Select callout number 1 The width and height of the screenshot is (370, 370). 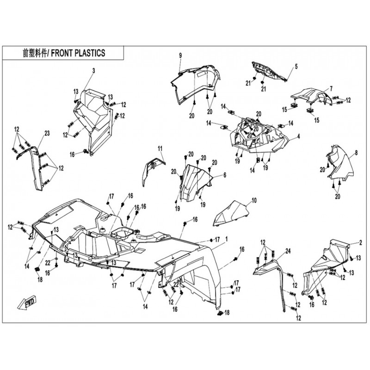[x=227, y=240]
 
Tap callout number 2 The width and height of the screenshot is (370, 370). [x=360, y=242]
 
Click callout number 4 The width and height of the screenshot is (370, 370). [x=299, y=136]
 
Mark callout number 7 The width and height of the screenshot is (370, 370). [x=331, y=88]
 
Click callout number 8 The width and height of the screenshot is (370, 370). [x=356, y=152]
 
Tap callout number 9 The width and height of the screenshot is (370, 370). [x=181, y=55]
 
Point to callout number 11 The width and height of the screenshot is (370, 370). [x=161, y=148]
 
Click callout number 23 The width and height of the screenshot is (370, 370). [x=47, y=133]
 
